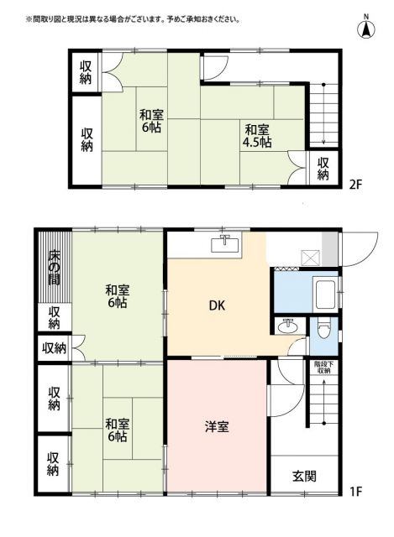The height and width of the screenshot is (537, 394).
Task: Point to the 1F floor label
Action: [355, 491]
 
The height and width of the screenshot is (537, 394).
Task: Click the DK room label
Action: [218, 306]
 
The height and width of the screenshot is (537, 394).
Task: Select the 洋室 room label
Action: [218, 427]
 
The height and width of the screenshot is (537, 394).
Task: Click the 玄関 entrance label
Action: [304, 476]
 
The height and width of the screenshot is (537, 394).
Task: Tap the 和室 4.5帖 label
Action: [257, 136]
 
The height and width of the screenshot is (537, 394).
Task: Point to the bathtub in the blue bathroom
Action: [323, 295]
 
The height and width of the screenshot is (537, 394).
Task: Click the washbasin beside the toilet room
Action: [290, 326]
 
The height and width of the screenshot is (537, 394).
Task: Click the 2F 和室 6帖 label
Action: [151, 123]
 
